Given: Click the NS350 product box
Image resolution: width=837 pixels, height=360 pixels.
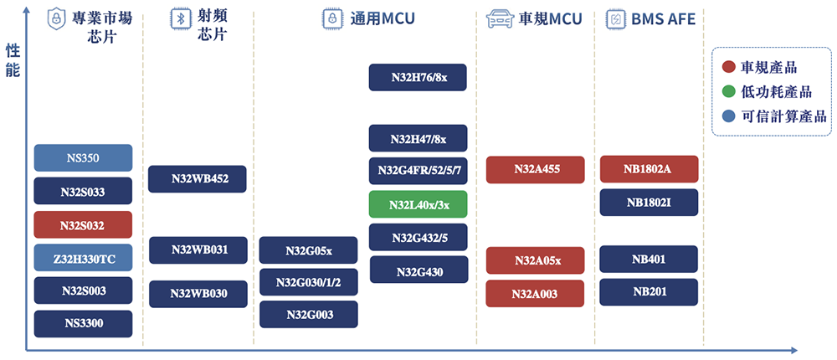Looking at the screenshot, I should (x=83, y=157).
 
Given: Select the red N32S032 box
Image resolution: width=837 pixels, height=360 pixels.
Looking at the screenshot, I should (x=83, y=225).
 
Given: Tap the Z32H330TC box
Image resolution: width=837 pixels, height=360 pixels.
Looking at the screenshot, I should (x=83, y=258).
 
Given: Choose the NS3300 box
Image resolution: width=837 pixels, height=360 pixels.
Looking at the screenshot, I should (x=83, y=323).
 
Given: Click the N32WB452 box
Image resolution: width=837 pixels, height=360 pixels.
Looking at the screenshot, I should (x=198, y=178).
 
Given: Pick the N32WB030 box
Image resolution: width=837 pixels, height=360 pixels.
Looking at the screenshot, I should (x=198, y=293).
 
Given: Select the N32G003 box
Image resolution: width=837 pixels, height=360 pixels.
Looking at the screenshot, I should (x=308, y=314).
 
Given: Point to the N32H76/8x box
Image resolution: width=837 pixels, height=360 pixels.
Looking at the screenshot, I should (x=418, y=78).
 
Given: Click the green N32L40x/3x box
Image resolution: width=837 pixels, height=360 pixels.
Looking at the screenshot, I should (x=418, y=204).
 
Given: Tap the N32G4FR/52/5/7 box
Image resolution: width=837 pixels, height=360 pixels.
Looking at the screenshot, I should (x=418, y=171).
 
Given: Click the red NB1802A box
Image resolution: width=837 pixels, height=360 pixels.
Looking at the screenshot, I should (x=649, y=168).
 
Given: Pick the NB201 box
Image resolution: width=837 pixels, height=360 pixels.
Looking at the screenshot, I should (x=649, y=291).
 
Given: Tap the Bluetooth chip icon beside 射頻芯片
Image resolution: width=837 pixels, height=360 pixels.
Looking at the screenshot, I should (x=177, y=19).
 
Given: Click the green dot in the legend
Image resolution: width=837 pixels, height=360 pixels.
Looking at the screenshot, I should (x=729, y=91).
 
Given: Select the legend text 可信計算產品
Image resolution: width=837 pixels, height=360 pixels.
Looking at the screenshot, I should (x=783, y=116).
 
